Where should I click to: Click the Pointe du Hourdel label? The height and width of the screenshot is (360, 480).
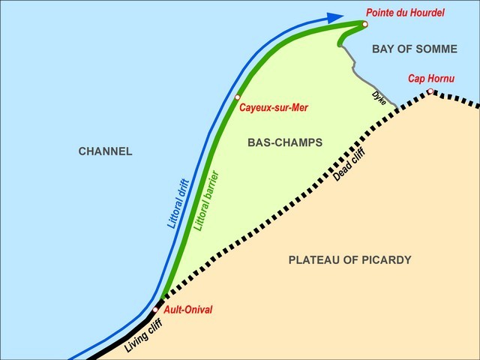tap(405, 13)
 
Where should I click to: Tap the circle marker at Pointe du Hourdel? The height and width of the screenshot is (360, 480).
tap(364, 25)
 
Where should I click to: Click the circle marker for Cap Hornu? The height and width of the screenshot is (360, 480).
tap(430, 92)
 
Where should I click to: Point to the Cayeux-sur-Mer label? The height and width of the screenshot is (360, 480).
tap(274, 108)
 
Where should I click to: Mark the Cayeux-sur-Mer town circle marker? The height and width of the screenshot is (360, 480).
tap(237, 97)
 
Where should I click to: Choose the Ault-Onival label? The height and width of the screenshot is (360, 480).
tap(188, 309)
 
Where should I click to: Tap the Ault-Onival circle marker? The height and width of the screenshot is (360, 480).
tap(155, 310)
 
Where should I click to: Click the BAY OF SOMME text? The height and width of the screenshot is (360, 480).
tap(414, 49)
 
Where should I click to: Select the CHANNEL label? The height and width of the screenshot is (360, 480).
tap(105, 151)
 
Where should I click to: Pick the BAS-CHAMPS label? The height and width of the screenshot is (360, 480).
tap(284, 142)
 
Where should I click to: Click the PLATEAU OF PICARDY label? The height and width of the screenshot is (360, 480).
tap(350, 260)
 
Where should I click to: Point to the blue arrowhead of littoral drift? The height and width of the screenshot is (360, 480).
tap(334, 17)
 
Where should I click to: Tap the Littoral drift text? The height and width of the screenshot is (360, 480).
tap(178, 203)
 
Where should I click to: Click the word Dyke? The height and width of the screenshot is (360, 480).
tap(379, 97)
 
